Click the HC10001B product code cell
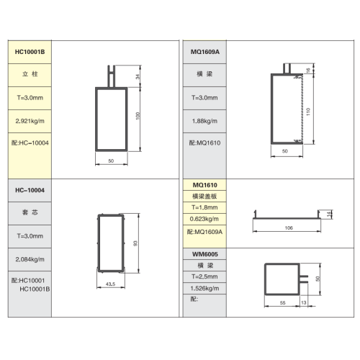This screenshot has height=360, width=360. click(30, 52)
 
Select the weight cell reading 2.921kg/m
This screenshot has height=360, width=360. click(30, 121)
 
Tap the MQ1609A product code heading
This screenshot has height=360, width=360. click(204, 52)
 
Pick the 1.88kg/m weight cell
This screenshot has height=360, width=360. click(204, 121)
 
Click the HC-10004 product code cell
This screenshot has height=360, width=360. click(30, 190)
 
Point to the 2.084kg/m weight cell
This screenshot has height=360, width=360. click(30, 259)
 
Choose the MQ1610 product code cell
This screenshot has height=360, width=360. click(204, 185)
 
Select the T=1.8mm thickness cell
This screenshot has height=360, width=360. click(204, 207)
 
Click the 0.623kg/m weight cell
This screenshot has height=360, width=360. click(204, 219)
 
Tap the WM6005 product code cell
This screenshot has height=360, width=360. click(204, 254)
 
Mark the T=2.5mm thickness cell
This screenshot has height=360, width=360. click(204, 276)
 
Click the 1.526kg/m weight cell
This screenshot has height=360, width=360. click(204, 288)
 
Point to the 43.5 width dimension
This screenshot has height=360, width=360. click(110, 284)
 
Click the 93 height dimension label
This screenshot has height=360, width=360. click(135, 243)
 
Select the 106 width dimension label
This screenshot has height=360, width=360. click(289, 228)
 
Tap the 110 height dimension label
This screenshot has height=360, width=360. click(308, 112)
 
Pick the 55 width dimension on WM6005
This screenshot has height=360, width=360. click(283, 303)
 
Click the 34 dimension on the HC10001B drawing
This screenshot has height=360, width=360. click(138, 76)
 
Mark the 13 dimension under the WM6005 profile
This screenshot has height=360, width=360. click(304, 302)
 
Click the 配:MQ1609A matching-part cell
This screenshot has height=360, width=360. click(204, 232)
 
